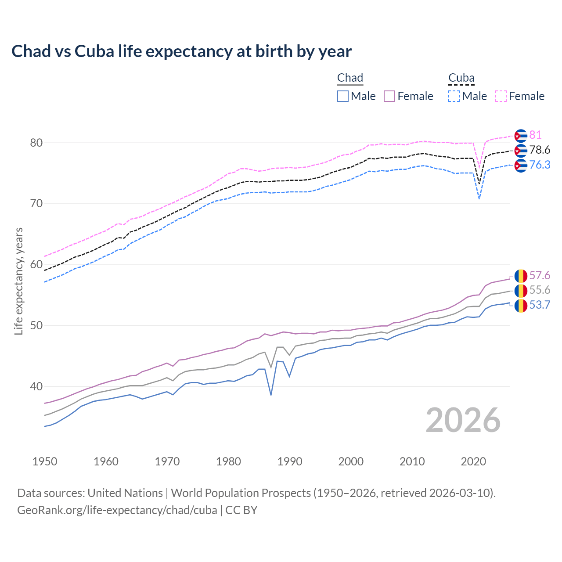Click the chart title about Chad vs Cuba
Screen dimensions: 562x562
181,51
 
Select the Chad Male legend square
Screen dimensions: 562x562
343,96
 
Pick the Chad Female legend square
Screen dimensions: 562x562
389,96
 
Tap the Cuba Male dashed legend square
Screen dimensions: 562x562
454,96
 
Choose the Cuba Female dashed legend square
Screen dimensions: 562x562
501,96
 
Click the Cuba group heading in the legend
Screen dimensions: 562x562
461,78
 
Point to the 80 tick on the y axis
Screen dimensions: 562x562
36,143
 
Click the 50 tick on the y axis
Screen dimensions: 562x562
36,326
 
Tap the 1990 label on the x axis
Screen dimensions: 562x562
290,461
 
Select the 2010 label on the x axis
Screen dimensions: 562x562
412,461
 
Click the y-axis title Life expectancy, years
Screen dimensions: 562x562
18,281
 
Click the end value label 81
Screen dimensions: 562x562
535,135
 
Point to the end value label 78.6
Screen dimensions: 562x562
540,150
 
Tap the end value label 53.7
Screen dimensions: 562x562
540,305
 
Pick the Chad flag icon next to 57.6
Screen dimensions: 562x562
521,276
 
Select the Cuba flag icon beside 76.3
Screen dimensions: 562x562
521,166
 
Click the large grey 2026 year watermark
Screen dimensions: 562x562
463,420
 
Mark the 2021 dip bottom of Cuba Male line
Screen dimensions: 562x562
479,199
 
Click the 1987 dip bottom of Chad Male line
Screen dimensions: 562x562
271,395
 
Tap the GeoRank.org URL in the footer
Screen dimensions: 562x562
117,510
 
